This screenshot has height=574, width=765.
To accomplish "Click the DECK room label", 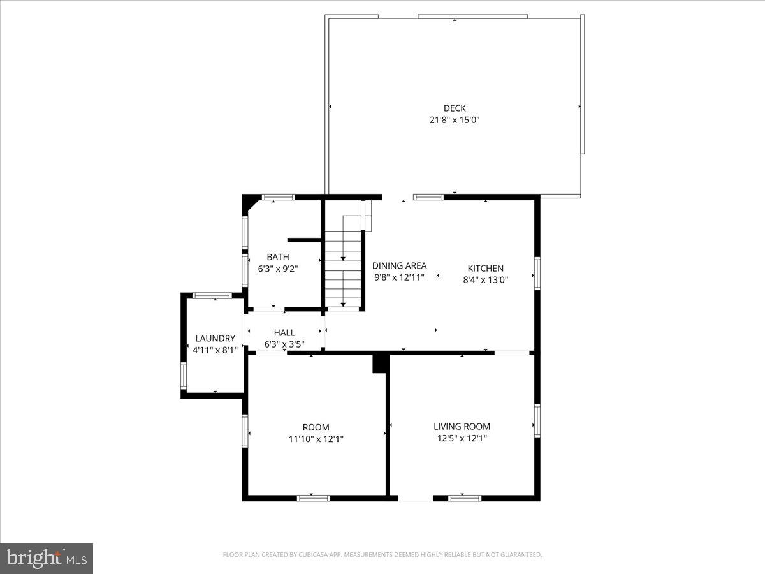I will coord(455,108).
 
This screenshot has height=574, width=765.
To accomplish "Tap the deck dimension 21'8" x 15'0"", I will coord(455,119).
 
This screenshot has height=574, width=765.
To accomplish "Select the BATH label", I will coord(278,257).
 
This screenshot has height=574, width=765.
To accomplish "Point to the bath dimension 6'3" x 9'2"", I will coord(278,269).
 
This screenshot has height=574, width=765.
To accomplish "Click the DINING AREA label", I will coord(399,266).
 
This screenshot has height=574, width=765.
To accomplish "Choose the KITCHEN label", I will coord(486,269).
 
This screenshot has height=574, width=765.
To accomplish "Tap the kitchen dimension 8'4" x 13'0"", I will coord(486,279).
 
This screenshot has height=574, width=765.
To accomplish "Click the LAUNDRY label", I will coord(215,338).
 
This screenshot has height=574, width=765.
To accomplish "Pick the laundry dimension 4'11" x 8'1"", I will coord(215,350).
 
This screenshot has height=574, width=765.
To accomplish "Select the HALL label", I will coord(284,332).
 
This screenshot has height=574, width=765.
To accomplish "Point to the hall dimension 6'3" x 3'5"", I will coord(284,344).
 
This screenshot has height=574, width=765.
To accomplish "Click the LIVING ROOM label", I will coord(462,427).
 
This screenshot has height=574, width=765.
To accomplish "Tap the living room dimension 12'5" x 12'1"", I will coord(462,438).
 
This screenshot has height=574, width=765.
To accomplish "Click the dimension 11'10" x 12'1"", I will coord(316,438).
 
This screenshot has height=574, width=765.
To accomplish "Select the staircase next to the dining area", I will coord(344,261).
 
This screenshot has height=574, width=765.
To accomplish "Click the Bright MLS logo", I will coord(47,558).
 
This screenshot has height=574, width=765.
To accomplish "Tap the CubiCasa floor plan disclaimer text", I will coord(382,555).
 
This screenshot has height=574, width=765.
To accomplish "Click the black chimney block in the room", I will coord(381,363).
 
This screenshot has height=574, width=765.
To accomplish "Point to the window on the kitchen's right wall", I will coord(537,273).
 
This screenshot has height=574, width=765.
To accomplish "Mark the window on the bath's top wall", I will coord(278,197).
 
